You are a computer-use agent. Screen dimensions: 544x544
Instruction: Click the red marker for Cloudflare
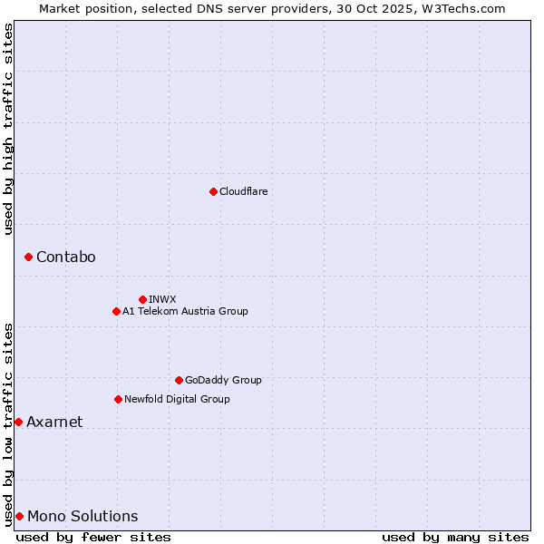213,191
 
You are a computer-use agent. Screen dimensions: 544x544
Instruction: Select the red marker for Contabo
28,257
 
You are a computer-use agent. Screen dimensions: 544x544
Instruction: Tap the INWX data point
142,299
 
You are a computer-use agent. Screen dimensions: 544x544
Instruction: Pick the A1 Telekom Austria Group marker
116,311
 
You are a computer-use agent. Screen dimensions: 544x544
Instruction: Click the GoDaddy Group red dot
179,380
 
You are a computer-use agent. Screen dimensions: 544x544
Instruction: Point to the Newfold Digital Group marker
118,399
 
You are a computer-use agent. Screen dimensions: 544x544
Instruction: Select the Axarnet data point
18,422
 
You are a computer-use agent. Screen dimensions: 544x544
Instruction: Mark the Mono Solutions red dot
19,516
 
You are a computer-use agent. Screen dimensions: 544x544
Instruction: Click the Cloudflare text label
243,191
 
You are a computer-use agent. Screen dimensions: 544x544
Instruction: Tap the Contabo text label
65,257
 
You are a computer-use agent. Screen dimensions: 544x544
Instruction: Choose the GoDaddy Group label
223,380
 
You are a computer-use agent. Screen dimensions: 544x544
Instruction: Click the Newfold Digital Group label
177,399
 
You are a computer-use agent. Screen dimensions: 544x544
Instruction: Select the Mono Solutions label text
83,517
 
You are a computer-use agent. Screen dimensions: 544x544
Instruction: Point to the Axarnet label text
54,423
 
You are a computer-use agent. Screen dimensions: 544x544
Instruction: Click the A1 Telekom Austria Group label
185,311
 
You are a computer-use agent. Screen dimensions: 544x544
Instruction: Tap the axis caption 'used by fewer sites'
93,537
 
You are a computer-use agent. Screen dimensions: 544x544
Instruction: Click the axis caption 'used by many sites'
455,537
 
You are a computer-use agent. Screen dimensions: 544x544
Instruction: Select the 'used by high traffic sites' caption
8,129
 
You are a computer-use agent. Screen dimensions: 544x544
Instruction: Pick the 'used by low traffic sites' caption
8,423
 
